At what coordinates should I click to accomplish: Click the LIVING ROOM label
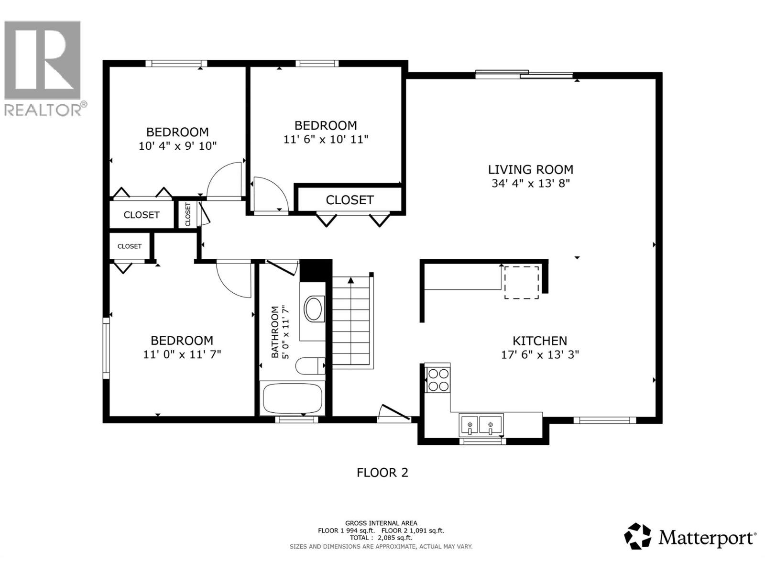pos(530,170)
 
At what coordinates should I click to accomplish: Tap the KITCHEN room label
pos(540,341)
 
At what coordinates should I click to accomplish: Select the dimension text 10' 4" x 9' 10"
pos(178,146)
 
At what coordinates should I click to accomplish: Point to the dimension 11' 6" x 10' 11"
pos(326,139)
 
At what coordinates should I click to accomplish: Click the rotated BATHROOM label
pos(275,332)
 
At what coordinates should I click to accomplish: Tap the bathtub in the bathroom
pos(293,398)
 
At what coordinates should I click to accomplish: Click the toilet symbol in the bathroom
pos(310,366)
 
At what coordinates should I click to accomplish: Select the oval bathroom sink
pos(314,309)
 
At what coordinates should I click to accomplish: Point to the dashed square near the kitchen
pos(521,283)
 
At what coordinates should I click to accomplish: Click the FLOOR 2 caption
pos(382,473)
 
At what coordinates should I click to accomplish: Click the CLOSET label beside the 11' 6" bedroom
pos(350,200)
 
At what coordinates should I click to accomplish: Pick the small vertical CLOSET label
pos(188,214)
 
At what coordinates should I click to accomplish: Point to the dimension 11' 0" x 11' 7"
pos(182,354)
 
